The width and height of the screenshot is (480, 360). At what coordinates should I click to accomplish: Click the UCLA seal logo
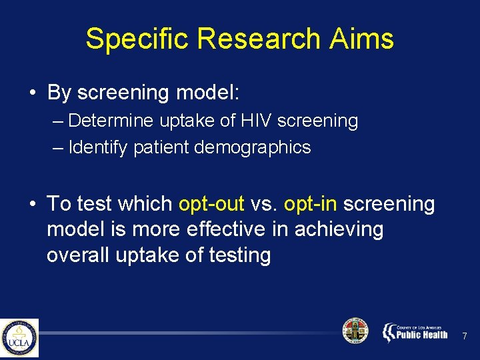19,338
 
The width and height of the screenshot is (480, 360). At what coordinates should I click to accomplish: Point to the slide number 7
465,336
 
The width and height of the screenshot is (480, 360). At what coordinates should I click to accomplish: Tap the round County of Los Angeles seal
355,331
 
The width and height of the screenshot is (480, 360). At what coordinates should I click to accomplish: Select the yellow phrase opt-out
212,204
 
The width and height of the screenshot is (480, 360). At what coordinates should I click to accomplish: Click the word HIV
255,121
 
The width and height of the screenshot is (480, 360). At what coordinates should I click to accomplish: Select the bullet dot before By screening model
33,93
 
